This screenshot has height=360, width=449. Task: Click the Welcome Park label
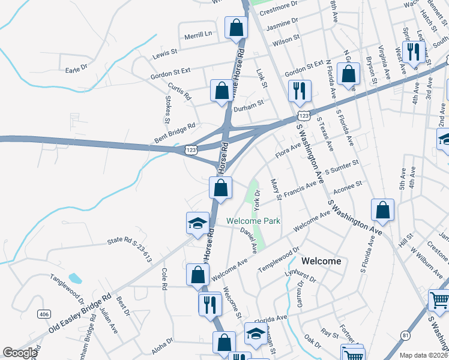[253, 221]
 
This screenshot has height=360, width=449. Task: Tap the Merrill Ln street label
[199, 35]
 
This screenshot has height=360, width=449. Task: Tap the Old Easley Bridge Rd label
[82, 314]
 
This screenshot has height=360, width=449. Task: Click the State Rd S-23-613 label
[130, 250]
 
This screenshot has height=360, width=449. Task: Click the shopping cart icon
[439, 299]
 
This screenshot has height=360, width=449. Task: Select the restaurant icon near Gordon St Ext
[298, 91]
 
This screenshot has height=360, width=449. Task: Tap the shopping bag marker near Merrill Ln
[236, 27]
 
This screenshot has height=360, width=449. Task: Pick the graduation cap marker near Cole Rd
[197, 223]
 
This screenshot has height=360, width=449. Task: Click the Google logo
[20, 353]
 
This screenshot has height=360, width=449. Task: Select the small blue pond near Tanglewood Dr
[75, 278]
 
